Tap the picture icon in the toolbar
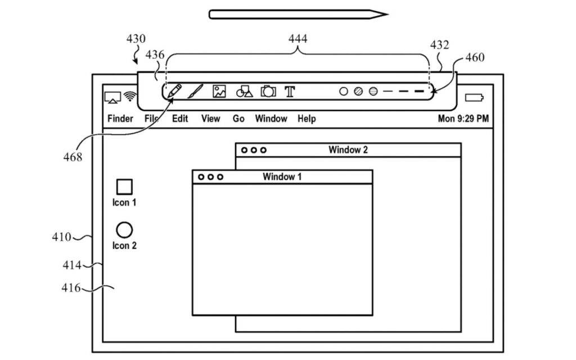click(219, 91)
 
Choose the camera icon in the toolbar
click(268, 91)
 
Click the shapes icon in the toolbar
click(244, 92)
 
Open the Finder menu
click(120, 119)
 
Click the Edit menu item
click(180, 119)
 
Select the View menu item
click(210, 119)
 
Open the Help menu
click(307, 119)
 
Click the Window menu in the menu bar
click(271, 119)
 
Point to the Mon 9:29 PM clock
click(463, 119)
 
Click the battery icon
click(474, 98)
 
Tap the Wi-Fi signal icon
click(130, 97)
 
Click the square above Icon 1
click(124, 186)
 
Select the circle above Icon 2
click(124, 229)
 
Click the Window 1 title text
click(282, 177)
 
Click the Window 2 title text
click(348, 150)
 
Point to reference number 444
click(298, 39)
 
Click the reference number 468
click(73, 157)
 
